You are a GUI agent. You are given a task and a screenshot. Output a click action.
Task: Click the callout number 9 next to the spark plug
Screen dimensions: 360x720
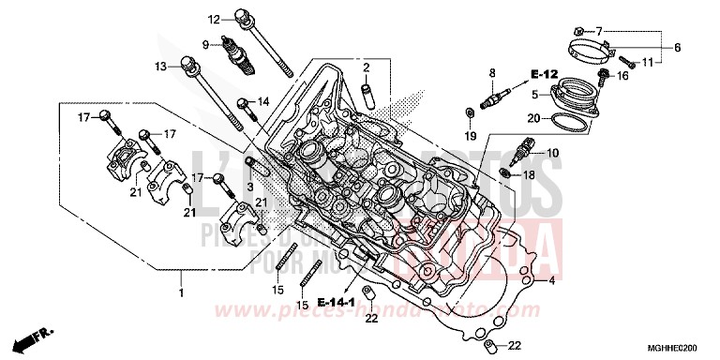pos(204,44)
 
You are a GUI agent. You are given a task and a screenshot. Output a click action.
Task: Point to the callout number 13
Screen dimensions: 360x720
pos(161,66)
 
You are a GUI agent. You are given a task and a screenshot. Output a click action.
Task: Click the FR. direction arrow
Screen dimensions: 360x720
pos(37,335)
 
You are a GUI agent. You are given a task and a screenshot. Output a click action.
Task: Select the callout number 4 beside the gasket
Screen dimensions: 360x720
pos(553,280)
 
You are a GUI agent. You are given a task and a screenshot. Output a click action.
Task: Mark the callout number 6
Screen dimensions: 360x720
pos(677,46)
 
